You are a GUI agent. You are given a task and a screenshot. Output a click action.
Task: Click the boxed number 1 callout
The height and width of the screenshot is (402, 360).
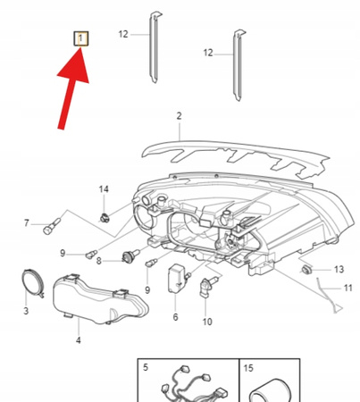tap(81, 38)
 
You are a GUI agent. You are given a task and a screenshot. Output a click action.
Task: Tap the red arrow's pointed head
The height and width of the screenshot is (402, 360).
tap(80, 47)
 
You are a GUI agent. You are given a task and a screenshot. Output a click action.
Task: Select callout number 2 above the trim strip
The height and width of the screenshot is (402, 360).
tap(179, 116)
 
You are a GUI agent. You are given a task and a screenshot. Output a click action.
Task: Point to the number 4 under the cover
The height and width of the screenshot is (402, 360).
tap(79, 340)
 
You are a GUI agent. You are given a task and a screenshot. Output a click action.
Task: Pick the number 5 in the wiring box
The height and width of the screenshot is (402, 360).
tap(146, 367)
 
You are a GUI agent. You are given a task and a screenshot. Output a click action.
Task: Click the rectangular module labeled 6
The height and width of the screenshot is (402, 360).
tap(177, 278)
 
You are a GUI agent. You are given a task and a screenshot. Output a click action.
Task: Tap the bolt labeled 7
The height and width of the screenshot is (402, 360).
tap(52, 226)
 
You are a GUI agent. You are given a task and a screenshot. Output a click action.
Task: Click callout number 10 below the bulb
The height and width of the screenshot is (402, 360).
tap(207, 322)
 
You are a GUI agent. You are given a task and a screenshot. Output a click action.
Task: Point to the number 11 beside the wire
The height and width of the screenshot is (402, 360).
tap(348, 289)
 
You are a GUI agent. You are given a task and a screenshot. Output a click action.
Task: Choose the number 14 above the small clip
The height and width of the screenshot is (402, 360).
tap(104, 189)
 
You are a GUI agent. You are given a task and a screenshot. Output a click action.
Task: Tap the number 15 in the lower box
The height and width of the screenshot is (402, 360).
tap(248, 368)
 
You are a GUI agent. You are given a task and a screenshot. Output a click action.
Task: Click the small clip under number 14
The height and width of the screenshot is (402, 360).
tap(105, 218)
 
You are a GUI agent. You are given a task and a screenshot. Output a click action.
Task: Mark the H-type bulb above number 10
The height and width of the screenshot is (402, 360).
tap(208, 287)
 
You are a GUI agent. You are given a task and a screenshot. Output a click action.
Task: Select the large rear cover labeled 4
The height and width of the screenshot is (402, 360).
tap(100, 299)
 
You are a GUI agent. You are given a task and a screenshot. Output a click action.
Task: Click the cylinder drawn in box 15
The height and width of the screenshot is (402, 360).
tap(270, 390)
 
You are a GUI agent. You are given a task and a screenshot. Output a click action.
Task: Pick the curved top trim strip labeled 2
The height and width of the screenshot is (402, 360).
tap(235, 158)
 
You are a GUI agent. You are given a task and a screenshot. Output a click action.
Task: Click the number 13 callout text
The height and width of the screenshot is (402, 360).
tap(339, 270)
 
